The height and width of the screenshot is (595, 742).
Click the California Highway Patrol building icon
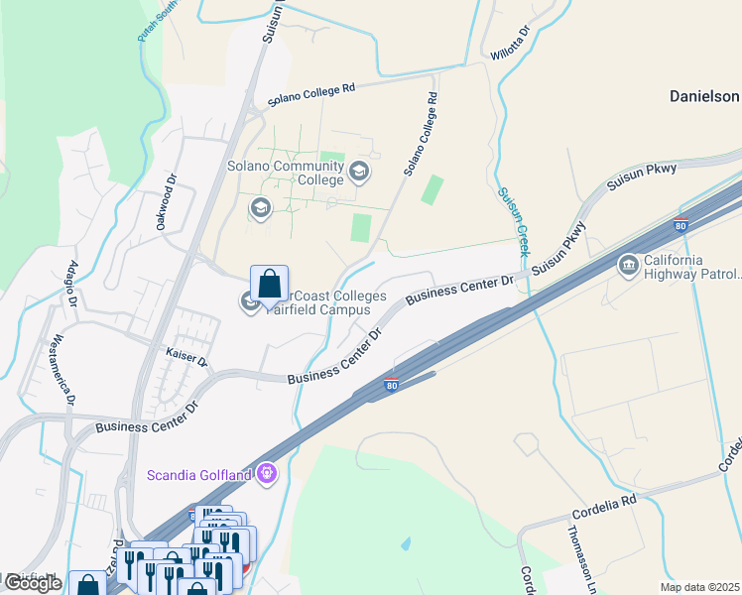(x=628, y=265)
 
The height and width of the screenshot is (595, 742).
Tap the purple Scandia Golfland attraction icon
(x=266, y=473)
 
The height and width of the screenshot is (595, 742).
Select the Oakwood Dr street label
(x=166, y=204)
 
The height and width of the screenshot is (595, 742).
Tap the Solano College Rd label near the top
(x=310, y=95)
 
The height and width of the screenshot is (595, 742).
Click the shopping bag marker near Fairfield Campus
(x=269, y=287)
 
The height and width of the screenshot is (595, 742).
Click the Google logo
(x=32, y=583)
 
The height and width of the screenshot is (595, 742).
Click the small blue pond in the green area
(x=405, y=544)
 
